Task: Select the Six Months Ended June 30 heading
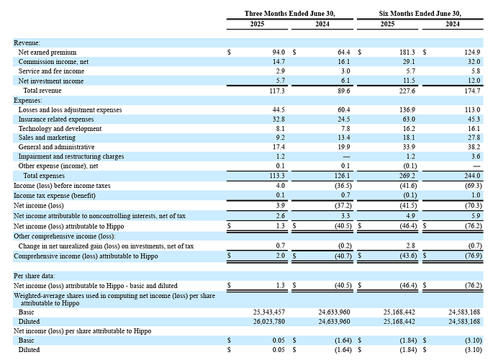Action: pos(420,14)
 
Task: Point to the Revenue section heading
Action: pos(27,43)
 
